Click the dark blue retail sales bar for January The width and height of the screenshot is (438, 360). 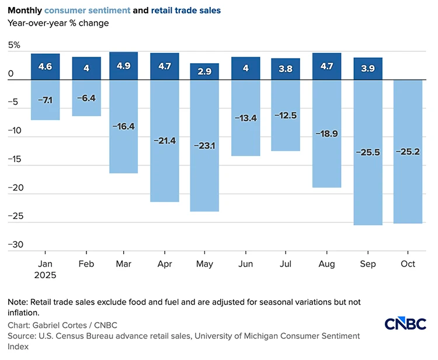tap(46, 66)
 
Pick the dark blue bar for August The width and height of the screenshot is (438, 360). tap(327, 66)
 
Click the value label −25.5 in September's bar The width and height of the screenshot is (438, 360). tap(367, 152)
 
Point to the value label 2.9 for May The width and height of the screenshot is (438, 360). tap(204, 72)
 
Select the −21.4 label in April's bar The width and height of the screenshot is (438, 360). tap(165, 140)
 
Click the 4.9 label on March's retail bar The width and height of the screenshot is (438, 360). tap(124, 66)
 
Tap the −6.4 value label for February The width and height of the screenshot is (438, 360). tap(86, 98)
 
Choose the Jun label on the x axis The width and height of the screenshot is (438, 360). tap(245, 264)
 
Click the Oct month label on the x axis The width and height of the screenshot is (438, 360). tap(408, 264)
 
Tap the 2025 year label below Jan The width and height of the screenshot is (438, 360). tap(46, 275)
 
